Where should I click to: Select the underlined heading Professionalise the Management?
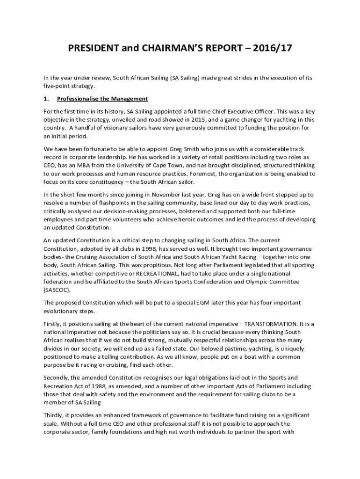click(x=102, y=99)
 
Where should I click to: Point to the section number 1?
click(x=45, y=99)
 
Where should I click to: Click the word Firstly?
click(x=52, y=324)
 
